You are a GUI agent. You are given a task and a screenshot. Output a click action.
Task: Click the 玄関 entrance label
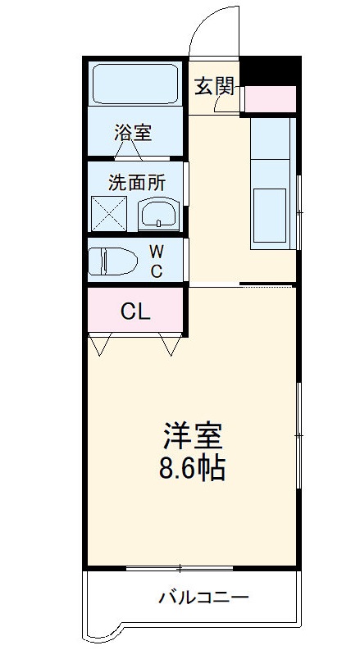point(214,84)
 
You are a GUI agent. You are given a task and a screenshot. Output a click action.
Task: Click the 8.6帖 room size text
point(194,470)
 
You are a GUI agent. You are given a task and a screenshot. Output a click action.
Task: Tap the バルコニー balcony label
point(203,597)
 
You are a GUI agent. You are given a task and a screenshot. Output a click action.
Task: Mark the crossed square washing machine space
point(107,214)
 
